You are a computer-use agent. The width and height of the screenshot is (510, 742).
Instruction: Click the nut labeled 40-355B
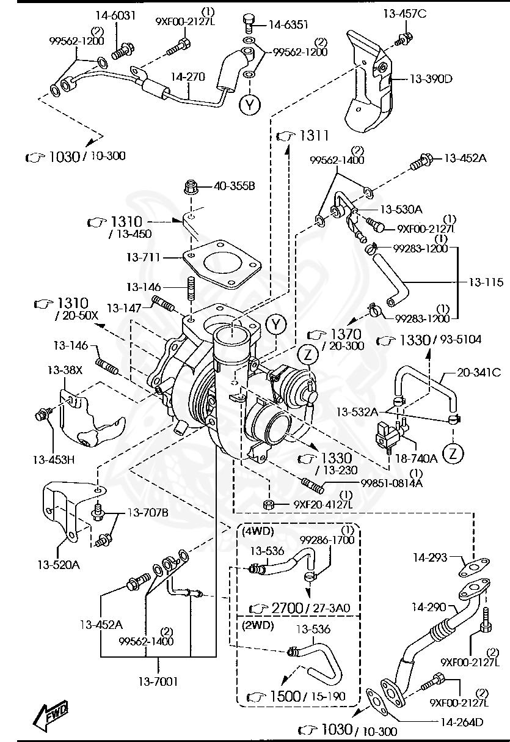click(x=190, y=186)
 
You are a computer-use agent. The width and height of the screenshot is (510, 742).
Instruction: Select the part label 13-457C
click(x=405, y=13)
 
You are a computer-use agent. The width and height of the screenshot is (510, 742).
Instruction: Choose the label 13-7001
click(x=158, y=681)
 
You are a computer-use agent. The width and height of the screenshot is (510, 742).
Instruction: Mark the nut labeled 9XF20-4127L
click(x=268, y=504)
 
